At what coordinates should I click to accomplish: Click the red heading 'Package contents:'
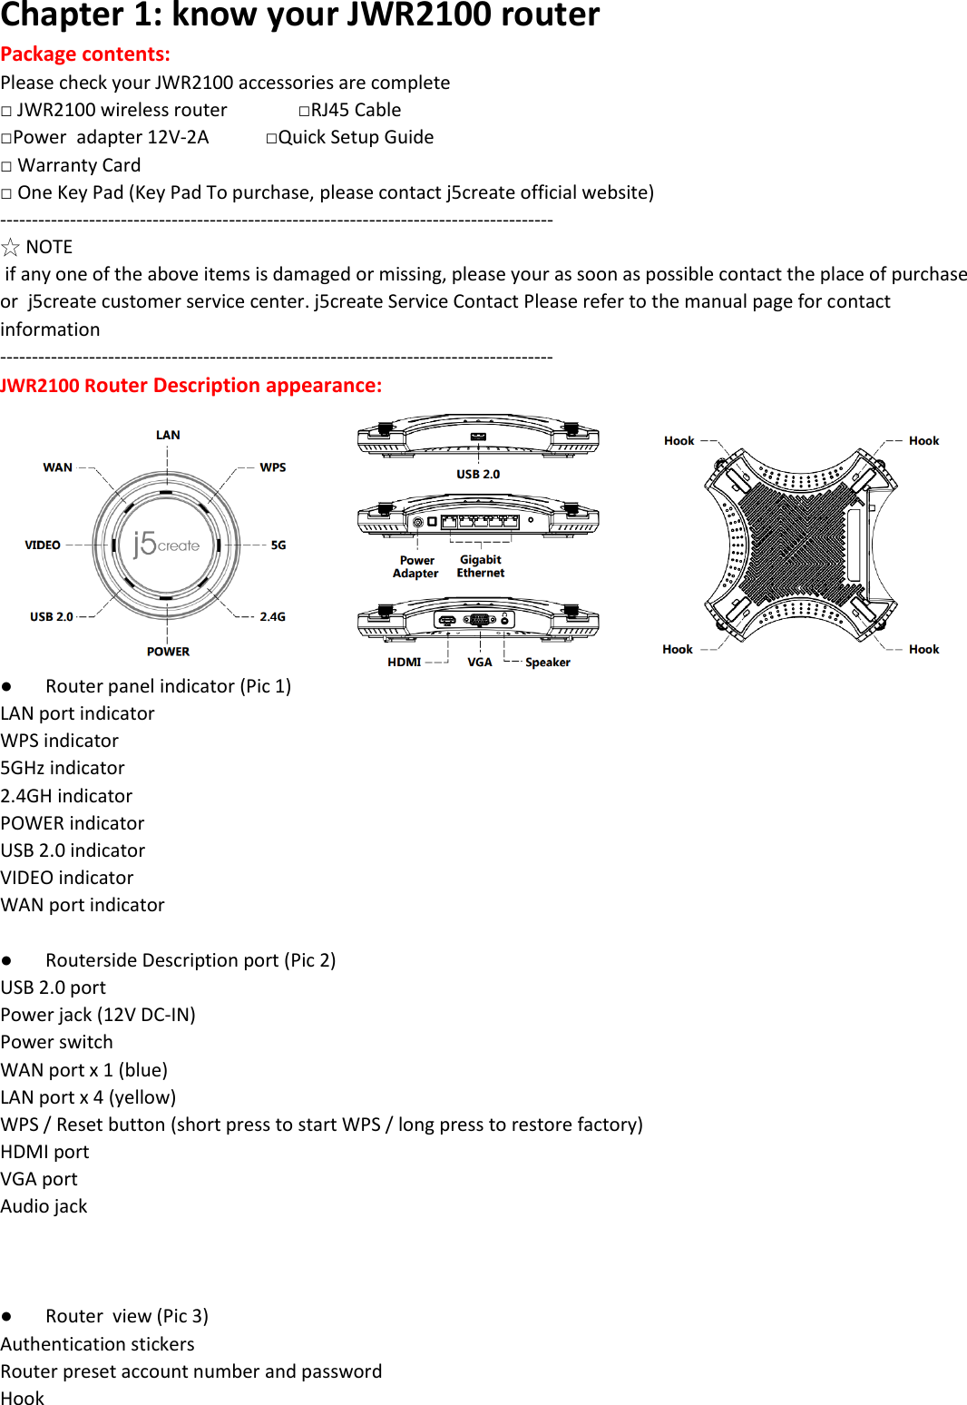click(85, 54)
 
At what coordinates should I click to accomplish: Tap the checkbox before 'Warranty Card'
click(7, 166)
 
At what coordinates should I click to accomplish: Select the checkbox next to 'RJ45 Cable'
click(304, 111)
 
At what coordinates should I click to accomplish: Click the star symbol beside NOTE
click(11, 247)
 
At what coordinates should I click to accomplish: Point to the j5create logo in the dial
click(166, 544)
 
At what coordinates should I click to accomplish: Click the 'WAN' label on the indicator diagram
click(58, 467)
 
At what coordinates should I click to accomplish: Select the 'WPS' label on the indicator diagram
click(272, 467)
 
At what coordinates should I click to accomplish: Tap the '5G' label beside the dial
click(278, 545)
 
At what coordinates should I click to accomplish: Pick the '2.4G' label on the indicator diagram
click(272, 616)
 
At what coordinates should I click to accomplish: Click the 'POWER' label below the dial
click(168, 652)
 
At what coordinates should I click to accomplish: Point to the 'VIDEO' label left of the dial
click(43, 545)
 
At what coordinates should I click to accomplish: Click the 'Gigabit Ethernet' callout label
click(481, 566)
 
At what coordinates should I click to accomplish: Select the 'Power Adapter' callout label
click(415, 567)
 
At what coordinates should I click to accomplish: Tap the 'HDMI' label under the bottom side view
click(404, 663)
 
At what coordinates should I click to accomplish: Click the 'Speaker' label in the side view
click(548, 663)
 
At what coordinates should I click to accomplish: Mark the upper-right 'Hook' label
click(923, 441)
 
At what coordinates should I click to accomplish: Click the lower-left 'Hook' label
click(678, 650)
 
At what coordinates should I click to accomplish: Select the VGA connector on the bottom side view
click(479, 620)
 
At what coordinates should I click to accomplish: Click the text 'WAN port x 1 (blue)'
click(84, 1070)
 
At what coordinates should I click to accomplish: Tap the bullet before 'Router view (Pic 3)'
click(6, 1317)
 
